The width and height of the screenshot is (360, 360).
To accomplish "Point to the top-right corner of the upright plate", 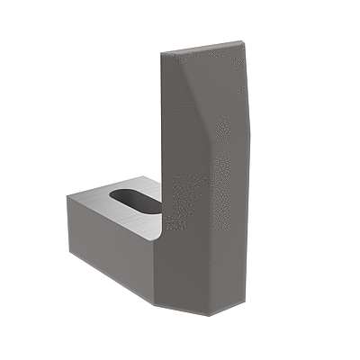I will [243, 40].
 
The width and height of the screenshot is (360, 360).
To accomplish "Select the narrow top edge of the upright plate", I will [202, 46].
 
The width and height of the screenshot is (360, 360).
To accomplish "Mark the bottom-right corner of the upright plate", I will [244, 301].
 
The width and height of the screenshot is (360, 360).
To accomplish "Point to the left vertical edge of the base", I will [67, 229].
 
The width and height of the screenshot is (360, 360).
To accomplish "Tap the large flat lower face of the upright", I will [202, 225].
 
